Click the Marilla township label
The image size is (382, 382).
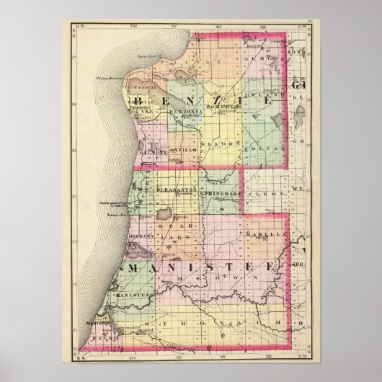267,235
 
